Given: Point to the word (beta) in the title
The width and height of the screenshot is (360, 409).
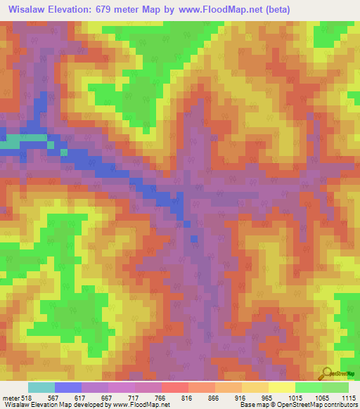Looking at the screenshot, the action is (x=272, y=9).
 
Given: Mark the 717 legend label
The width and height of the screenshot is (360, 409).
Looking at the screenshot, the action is (x=135, y=398).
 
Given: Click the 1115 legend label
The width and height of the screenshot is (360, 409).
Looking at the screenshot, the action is (x=348, y=398).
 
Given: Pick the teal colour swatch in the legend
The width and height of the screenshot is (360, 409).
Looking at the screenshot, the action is (x=41, y=387).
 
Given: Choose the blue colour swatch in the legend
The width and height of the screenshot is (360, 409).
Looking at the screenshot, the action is (x=68, y=387).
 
